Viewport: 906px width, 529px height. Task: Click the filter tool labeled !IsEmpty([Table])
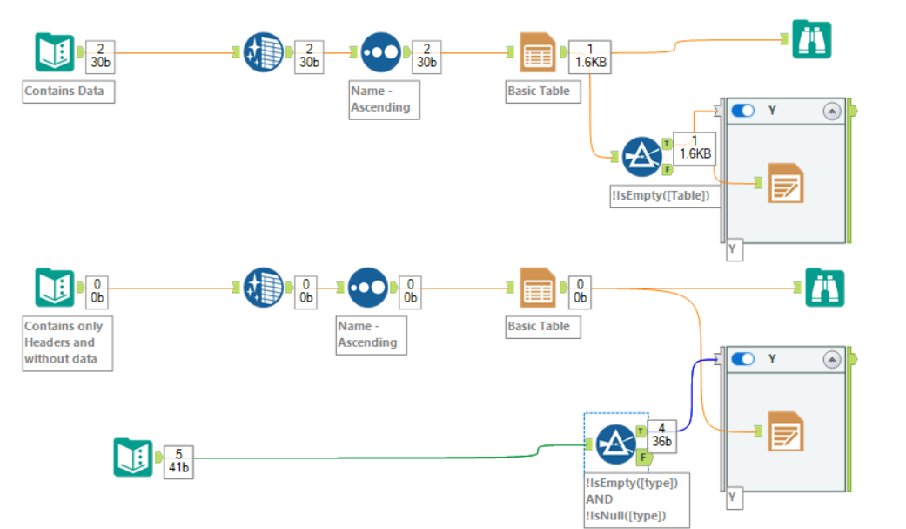tap(642, 157)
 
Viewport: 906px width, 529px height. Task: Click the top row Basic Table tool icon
tap(537, 53)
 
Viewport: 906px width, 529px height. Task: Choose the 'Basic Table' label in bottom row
tap(539, 326)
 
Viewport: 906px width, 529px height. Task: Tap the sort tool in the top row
tap(380, 53)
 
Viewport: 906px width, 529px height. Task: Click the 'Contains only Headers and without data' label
tap(66, 342)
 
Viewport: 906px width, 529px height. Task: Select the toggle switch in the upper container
tap(742, 111)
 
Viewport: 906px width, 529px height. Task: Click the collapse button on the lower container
tap(831, 359)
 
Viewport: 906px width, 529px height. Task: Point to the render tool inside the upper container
tap(785, 183)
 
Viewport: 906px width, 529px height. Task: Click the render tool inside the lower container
tap(785, 431)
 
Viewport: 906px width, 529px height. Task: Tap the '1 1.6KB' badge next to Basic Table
tap(591, 56)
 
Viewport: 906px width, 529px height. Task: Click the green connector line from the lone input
tap(366, 455)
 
